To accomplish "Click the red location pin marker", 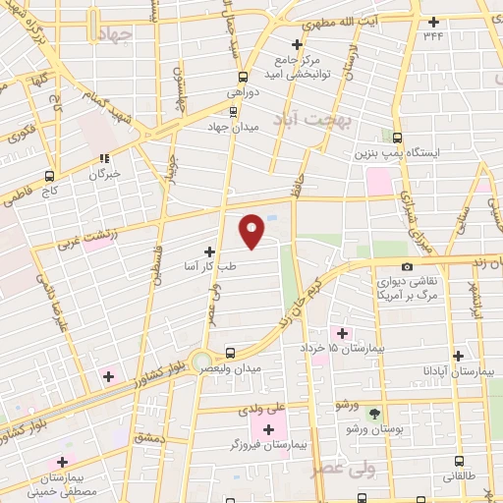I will pyautogui.click(x=252, y=231).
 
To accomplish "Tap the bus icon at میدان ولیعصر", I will pyautogui.click(x=230, y=352).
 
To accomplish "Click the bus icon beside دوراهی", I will pyautogui.click(x=242, y=76).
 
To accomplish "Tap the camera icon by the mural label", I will pyautogui.click(x=407, y=266).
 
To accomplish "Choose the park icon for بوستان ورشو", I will pyautogui.click(x=373, y=412).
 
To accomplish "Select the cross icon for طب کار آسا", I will pyautogui.click(x=208, y=251).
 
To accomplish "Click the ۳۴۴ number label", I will pyautogui.click(x=433, y=35).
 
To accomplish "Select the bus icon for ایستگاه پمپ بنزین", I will pyautogui.click(x=397, y=139).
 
